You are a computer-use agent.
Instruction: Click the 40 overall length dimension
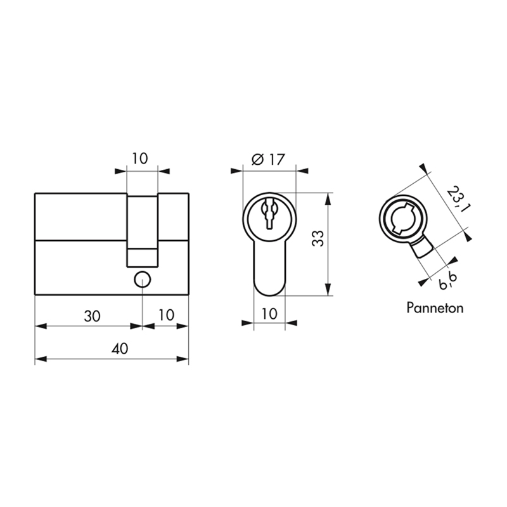(120, 349)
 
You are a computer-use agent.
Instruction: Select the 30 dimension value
(92, 316)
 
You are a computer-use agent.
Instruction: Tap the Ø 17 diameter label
(268, 160)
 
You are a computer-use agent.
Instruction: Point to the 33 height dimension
(318, 239)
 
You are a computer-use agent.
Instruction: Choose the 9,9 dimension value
(448, 281)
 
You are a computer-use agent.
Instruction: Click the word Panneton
(435, 307)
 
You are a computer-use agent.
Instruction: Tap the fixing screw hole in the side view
(142, 280)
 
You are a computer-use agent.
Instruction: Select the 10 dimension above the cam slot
(139, 158)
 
